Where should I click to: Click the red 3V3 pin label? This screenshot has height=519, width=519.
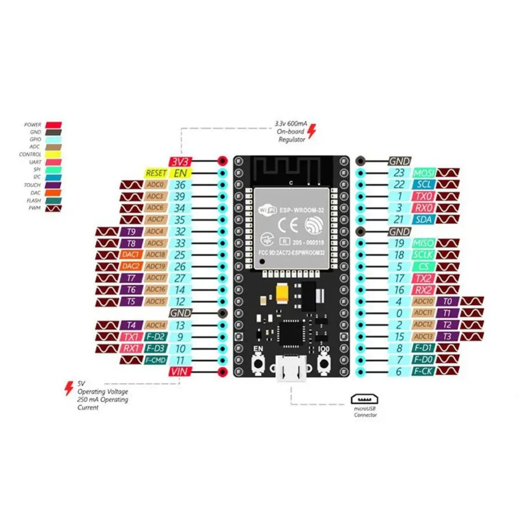(181, 161)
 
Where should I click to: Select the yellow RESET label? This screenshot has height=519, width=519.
(156, 173)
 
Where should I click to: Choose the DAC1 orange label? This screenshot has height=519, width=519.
(131, 254)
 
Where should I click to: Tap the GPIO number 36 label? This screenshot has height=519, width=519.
(180, 185)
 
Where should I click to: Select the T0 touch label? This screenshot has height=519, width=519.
(447, 301)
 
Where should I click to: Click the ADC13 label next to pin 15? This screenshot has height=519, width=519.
(423, 336)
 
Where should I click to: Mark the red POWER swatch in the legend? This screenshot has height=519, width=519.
(53, 125)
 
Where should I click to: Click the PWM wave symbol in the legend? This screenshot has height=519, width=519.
(53, 208)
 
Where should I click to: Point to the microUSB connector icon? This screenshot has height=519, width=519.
(364, 399)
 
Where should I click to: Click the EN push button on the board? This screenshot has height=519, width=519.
(258, 363)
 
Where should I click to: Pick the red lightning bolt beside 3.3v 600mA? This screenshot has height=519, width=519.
(311, 131)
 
